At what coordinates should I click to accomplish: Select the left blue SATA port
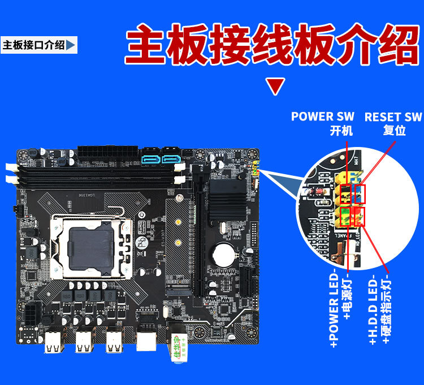coord(152,158)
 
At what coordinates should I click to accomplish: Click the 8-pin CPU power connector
coord(31,314)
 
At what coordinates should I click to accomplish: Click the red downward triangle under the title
coord(275,87)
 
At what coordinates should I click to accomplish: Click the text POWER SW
coord(322,116)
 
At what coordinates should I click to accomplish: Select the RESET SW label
coord(393,117)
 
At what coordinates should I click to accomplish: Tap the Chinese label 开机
coord(341,131)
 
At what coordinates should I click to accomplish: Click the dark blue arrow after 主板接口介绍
coord(71,45)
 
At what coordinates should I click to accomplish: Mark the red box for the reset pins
coord(359,194)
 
